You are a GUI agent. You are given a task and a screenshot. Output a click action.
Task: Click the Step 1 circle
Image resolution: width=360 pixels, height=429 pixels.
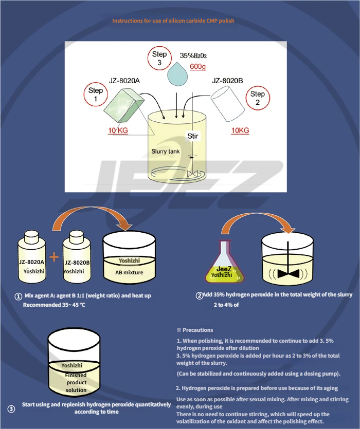[x=96, y=95]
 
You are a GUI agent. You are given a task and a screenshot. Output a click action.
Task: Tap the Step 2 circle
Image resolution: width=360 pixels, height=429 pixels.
[x=257, y=98]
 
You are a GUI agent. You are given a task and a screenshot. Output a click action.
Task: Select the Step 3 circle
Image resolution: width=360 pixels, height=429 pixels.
[x=159, y=58]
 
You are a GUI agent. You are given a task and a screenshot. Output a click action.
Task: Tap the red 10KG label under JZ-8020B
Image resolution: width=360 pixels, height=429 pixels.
[x=240, y=130]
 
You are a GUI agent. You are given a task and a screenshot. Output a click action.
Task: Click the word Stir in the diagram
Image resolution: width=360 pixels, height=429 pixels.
[x=192, y=136]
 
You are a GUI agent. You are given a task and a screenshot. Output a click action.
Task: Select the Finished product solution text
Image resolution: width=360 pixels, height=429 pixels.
[x=76, y=382]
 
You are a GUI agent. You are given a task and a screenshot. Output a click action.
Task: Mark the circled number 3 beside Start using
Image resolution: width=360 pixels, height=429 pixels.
[x=11, y=409]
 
